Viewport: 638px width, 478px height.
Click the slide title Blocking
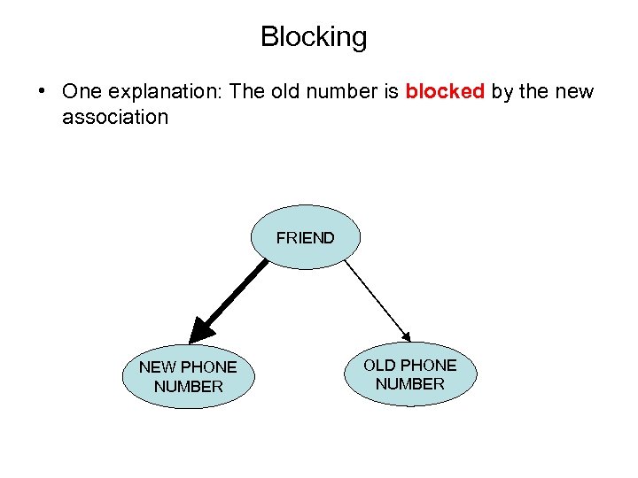pyautogui.click(x=314, y=37)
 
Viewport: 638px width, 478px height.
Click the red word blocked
pyautogui.click(x=445, y=92)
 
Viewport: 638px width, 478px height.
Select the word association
pyautogui.click(x=115, y=116)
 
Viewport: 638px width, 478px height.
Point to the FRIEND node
pyautogui.click(x=305, y=237)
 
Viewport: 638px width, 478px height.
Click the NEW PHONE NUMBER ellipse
pyautogui.click(x=188, y=376)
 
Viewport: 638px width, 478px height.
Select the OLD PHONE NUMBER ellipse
pyautogui.click(x=409, y=374)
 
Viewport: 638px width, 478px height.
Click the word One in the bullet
pyautogui.click(x=82, y=92)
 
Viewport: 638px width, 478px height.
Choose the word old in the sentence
pyautogui.click(x=293, y=92)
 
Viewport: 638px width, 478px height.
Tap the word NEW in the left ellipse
pyautogui.click(x=158, y=366)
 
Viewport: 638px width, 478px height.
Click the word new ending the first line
pyautogui.click(x=573, y=92)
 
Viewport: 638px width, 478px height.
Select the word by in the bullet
pyautogui.click(x=502, y=92)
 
